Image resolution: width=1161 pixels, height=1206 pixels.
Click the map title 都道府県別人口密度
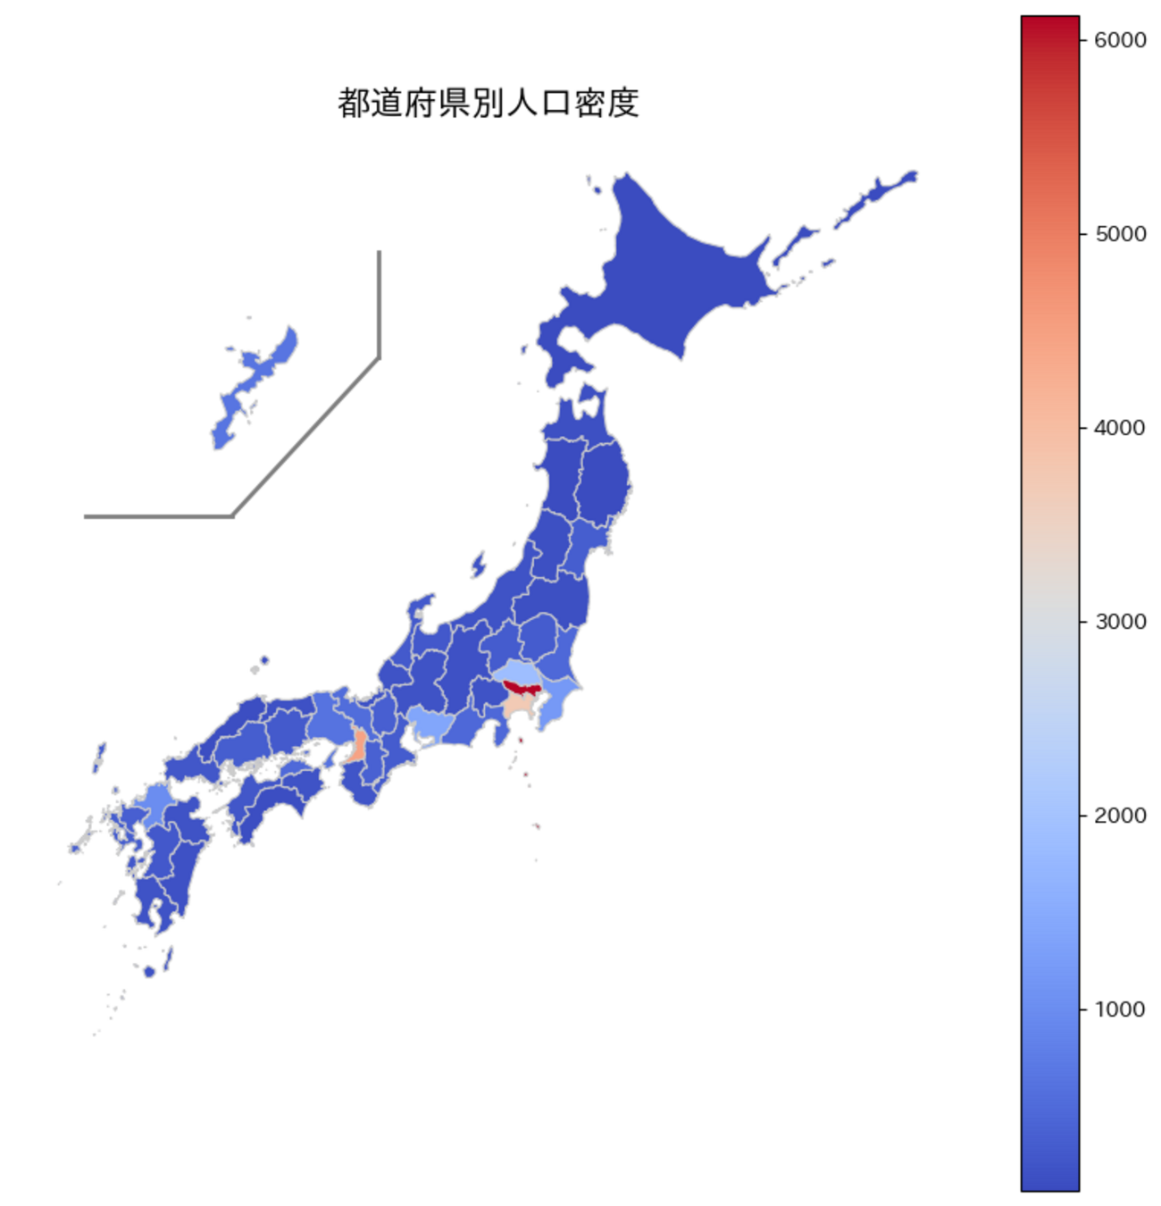pyautogui.click(x=488, y=103)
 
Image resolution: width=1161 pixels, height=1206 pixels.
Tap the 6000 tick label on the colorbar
pyautogui.click(x=1120, y=40)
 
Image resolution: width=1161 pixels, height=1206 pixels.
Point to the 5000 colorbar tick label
pyautogui.click(x=1120, y=234)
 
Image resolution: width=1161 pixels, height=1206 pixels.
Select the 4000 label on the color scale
pyautogui.click(x=1120, y=428)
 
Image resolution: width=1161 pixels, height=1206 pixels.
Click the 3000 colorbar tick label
pyautogui.click(x=1120, y=622)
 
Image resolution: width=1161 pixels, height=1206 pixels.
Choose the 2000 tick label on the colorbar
pyautogui.click(x=1120, y=816)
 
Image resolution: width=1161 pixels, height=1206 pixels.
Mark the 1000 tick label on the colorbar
pyautogui.click(x=1120, y=1009)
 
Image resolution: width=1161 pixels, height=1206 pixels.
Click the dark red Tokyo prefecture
pyautogui.click(x=519, y=688)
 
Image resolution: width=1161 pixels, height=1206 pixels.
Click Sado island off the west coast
pyautogui.click(x=478, y=565)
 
